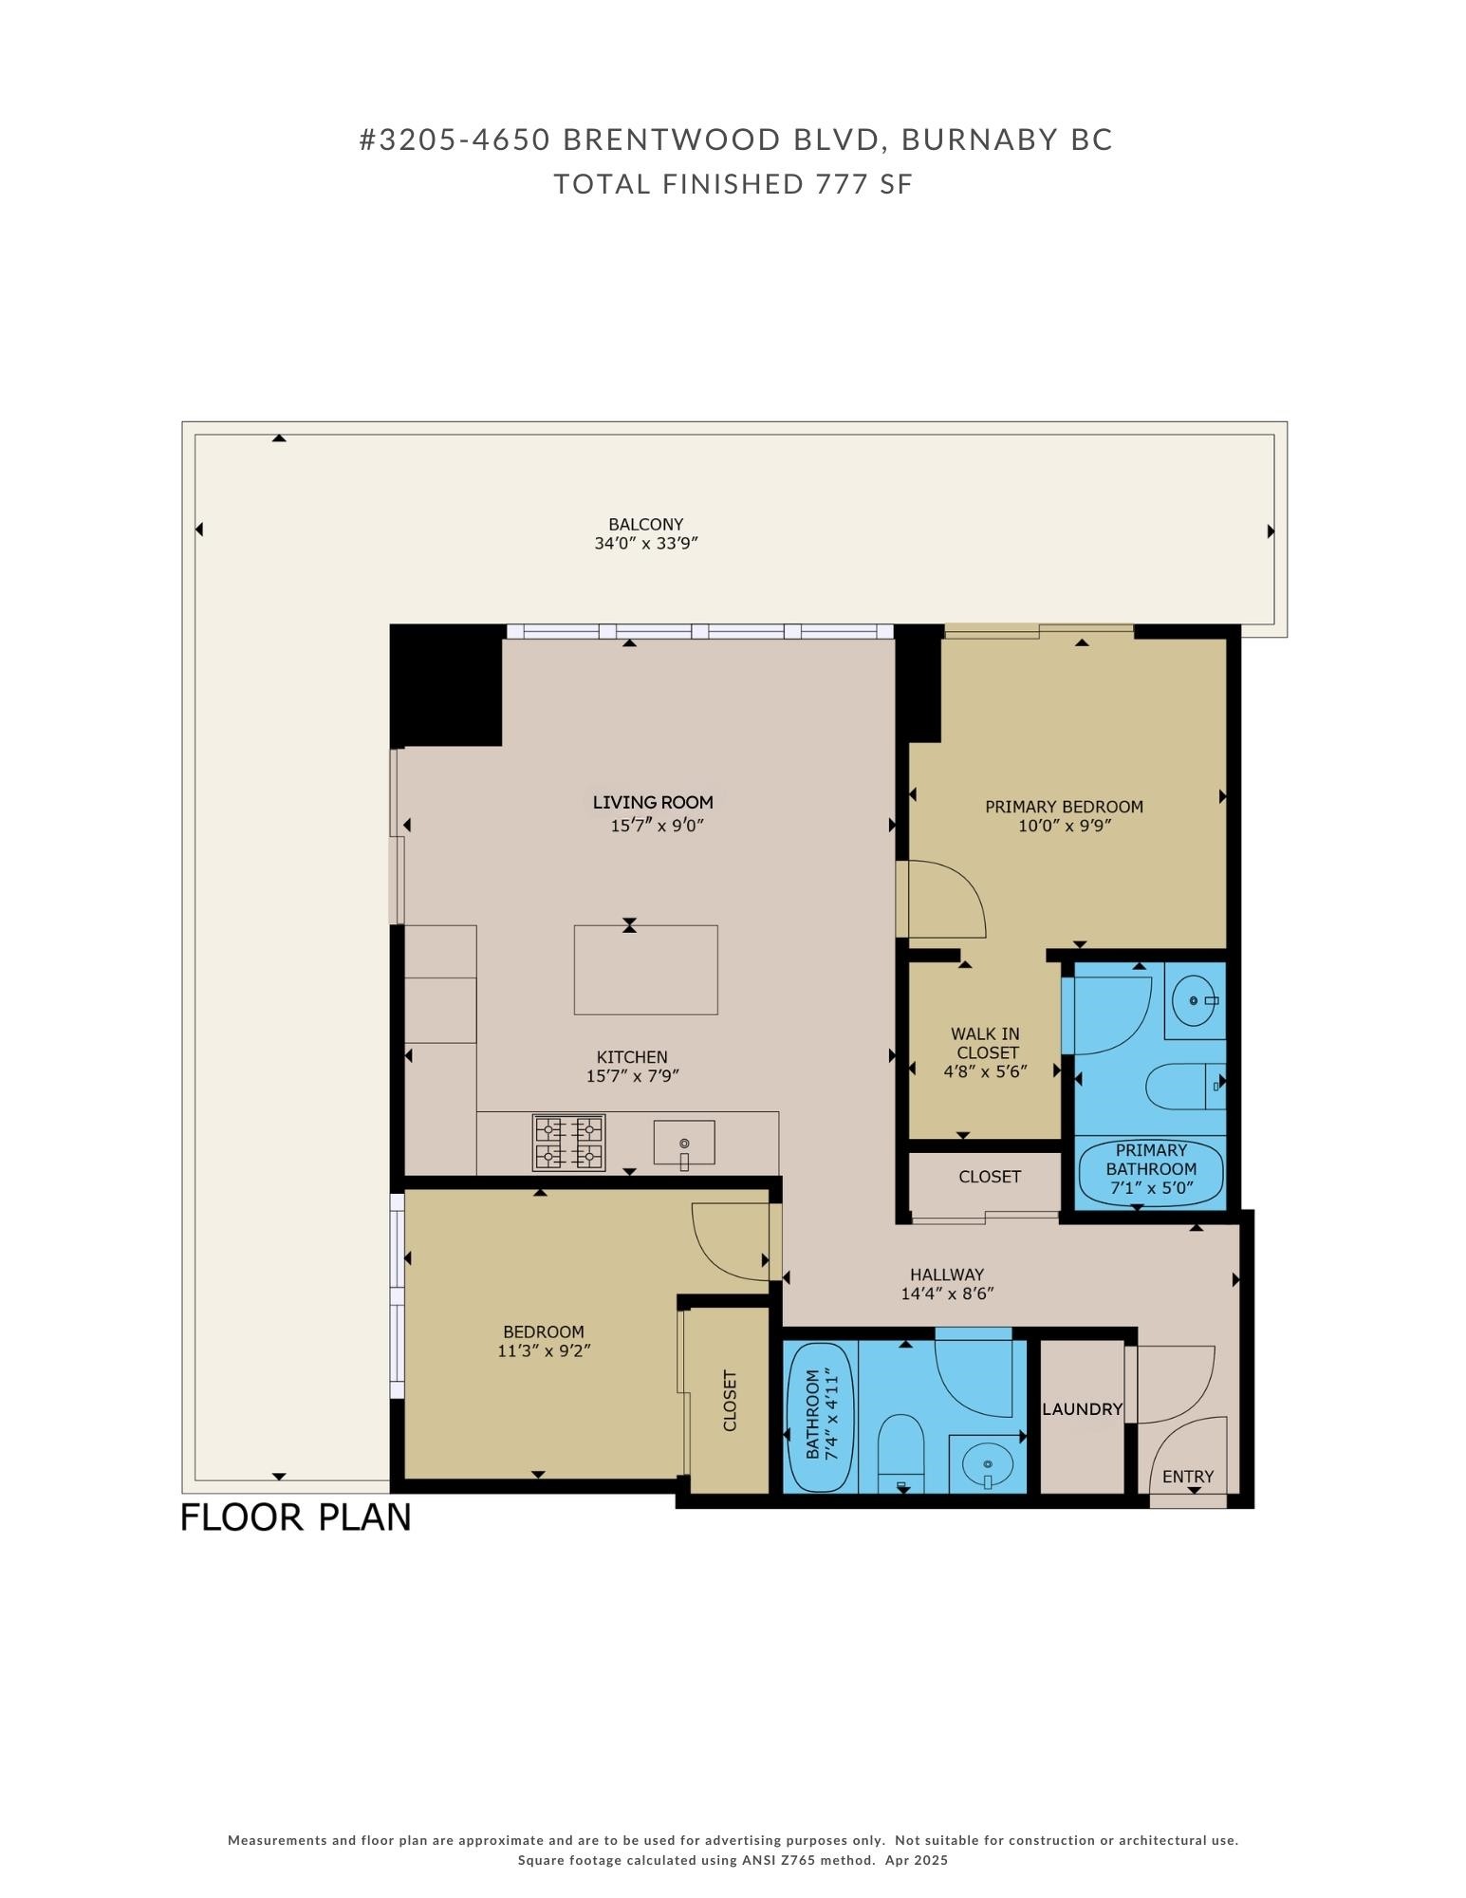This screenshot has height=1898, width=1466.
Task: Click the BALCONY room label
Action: click(x=645, y=524)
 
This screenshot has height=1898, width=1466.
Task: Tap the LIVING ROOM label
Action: click(x=653, y=803)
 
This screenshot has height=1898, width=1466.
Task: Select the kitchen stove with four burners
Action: click(x=569, y=1142)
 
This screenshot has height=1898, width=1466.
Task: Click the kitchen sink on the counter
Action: click(x=683, y=1142)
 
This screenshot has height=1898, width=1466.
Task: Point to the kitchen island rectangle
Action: click(x=645, y=970)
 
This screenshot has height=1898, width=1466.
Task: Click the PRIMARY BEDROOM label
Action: click(x=1064, y=807)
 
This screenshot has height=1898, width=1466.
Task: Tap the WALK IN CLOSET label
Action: click(x=986, y=1043)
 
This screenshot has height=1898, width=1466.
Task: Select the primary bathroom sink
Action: click(x=1193, y=1000)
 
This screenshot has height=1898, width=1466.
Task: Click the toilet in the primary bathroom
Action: click(x=1181, y=1087)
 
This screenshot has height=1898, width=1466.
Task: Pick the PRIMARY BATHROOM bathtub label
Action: click(x=1151, y=1169)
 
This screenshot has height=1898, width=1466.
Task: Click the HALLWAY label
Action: click(x=946, y=1275)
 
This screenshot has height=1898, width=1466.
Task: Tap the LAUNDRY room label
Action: click(x=1082, y=1409)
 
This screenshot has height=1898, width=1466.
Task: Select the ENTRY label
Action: click(x=1187, y=1477)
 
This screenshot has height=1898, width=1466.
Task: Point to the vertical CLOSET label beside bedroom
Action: click(x=730, y=1400)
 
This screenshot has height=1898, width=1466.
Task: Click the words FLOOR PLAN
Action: click(x=295, y=1517)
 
